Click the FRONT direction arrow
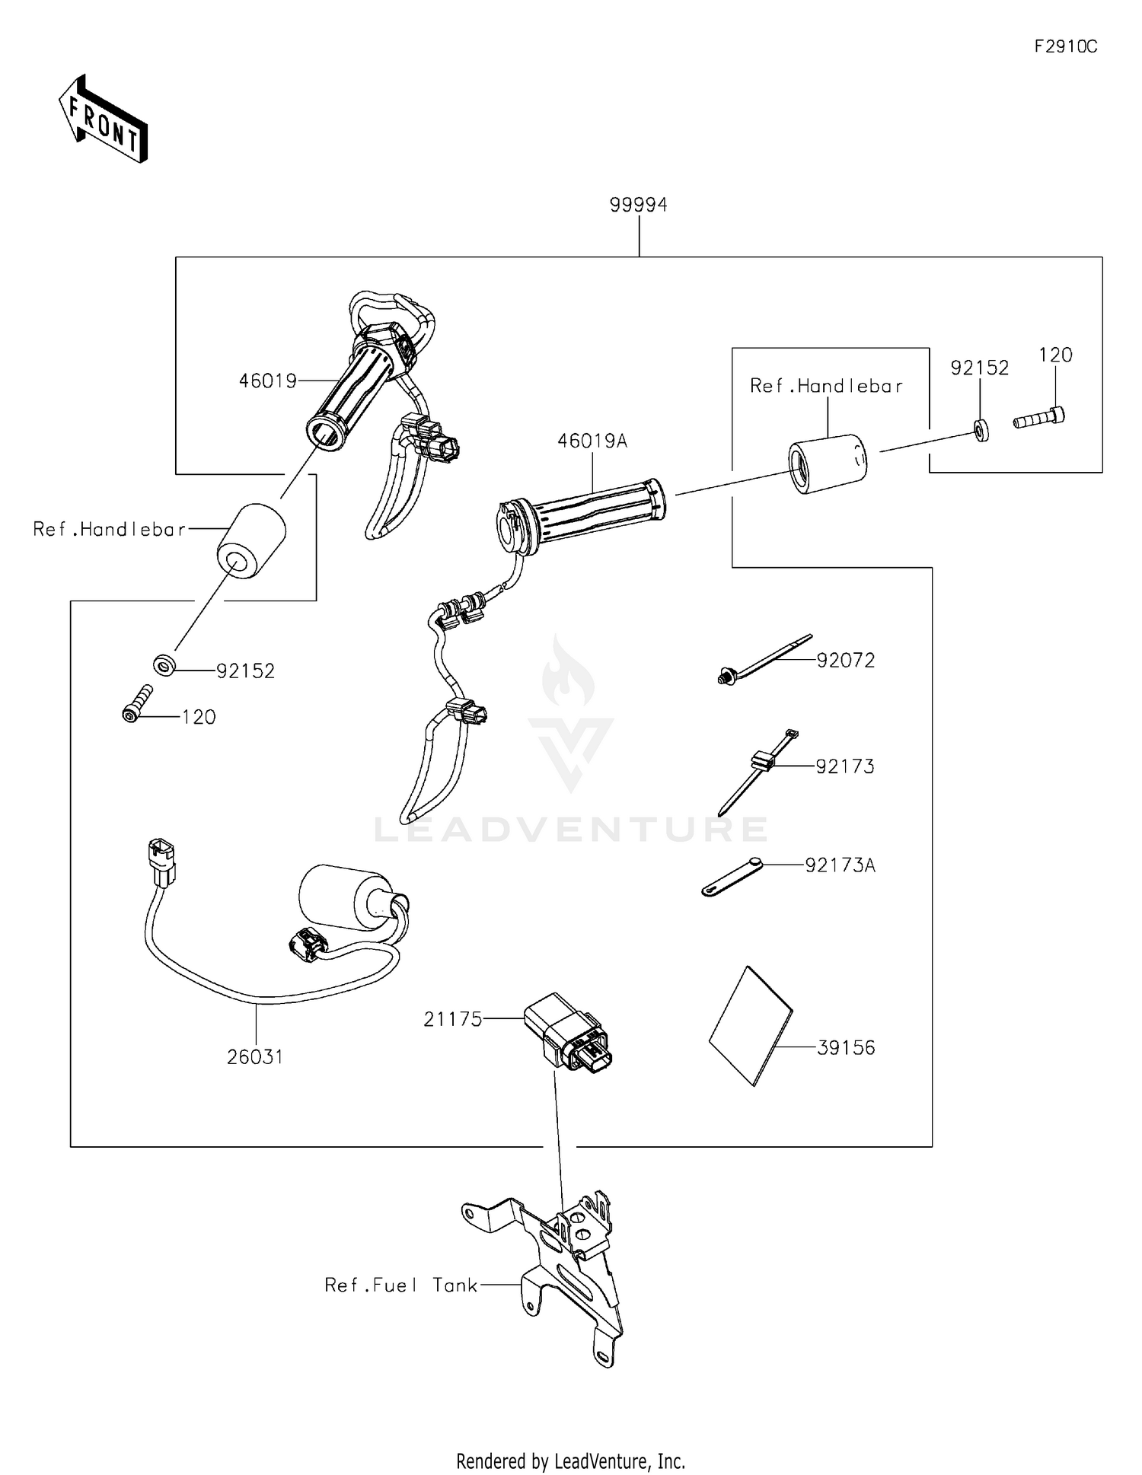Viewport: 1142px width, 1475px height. coord(104,119)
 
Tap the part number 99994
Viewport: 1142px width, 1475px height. coord(638,205)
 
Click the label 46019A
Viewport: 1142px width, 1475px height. coord(592,441)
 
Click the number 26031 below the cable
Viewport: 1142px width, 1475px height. coord(255,1056)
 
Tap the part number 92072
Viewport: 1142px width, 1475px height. coord(846,661)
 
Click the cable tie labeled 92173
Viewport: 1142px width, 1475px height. coord(758,770)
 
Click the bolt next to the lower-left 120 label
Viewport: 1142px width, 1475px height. coord(137,703)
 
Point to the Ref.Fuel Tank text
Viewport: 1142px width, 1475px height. coord(401,1285)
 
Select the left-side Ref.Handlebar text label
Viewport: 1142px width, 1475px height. coord(109,529)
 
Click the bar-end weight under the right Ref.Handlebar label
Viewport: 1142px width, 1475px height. coord(827,464)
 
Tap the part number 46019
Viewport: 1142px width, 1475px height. coord(267,381)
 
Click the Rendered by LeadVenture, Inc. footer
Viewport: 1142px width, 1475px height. coord(570,1461)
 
